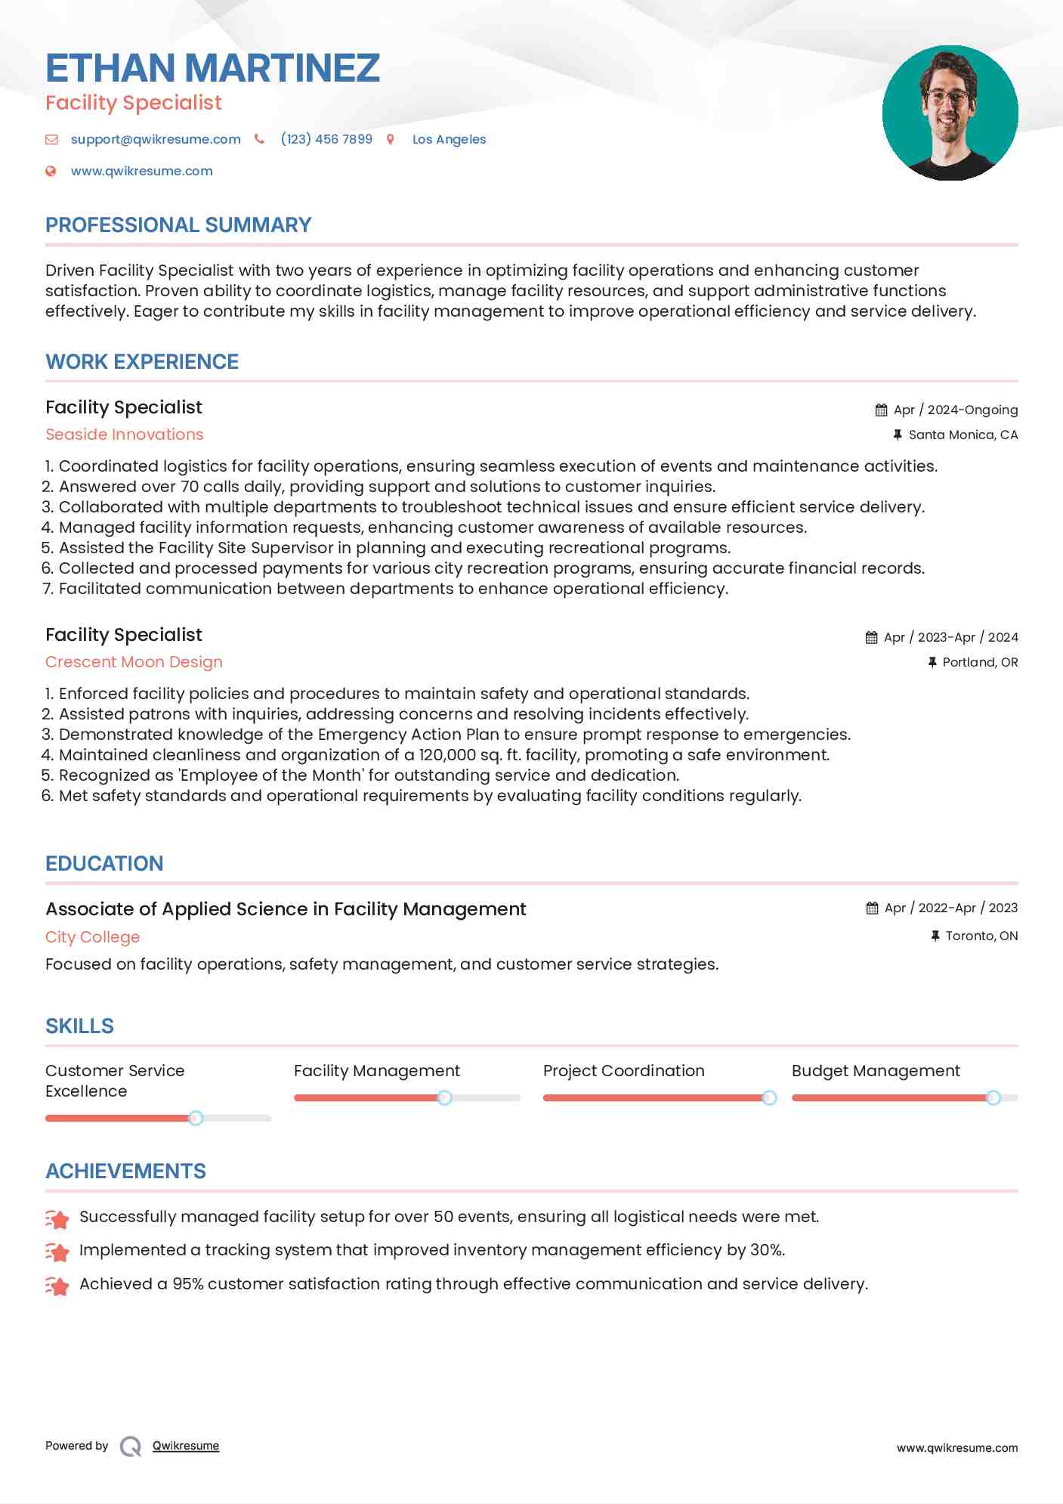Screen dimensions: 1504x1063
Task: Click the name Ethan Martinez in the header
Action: point(212,68)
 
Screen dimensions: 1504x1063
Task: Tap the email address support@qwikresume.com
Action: point(156,139)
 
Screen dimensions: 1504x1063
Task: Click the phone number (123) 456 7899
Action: point(326,139)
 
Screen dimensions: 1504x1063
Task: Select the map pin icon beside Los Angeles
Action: point(391,139)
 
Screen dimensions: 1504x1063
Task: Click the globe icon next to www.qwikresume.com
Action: point(51,172)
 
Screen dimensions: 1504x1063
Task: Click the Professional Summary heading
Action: point(178,225)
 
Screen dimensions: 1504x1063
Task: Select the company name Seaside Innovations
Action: point(125,435)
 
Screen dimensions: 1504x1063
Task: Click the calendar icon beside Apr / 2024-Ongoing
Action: point(881,410)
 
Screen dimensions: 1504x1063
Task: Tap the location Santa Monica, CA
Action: point(963,435)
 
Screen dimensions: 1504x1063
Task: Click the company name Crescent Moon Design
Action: point(134,662)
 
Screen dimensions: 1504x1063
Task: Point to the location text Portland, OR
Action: point(980,662)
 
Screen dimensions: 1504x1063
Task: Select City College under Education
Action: point(92,937)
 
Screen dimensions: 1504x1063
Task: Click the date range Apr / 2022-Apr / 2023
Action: point(950,908)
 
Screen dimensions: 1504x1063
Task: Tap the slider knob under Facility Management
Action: point(445,1097)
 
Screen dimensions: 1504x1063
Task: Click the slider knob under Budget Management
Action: point(993,1097)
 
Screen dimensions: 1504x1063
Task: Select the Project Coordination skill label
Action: point(623,1071)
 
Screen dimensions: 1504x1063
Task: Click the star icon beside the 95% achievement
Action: point(57,1286)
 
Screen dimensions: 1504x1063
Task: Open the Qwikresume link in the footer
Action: point(186,1446)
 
